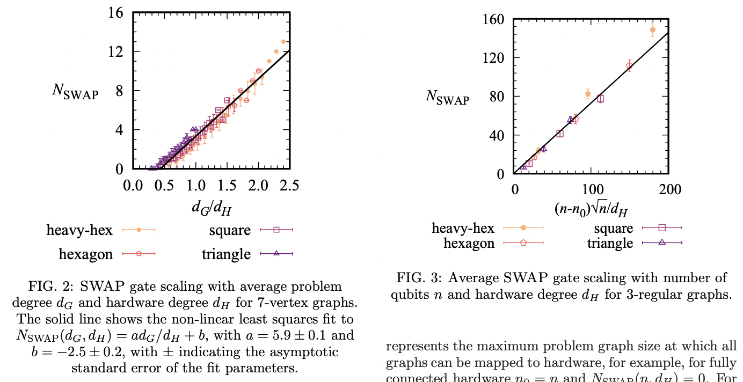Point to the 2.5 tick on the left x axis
click(x=289, y=186)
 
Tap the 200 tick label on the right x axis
click(x=670, y=190)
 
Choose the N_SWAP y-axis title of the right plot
click(x=447, y=97)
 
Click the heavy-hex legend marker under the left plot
click(x=139, y=230)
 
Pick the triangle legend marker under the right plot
click(x=661, y=243)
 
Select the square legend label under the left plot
click(x=230, y=230)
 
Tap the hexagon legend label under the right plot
click(x=469, y=243)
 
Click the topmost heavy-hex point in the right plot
click(x=652, y=30)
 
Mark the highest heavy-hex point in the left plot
click(x=283, y=41)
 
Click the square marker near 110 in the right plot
click(x=600, y=99)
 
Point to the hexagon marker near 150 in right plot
click(x=629, y=66)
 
